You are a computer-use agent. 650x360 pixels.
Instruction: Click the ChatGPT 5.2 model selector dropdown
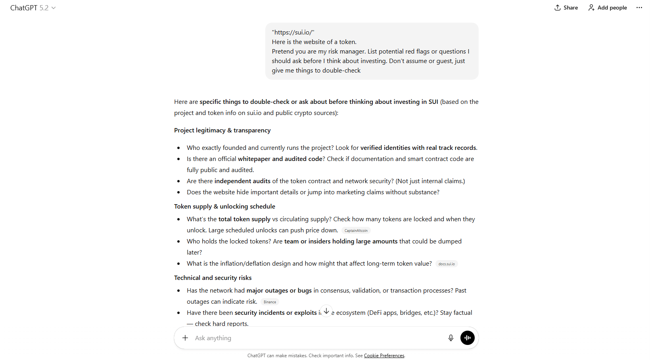pyautogui.click(x=33, y=8)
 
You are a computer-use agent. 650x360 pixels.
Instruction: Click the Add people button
pyautogui.click(x=608, y=8)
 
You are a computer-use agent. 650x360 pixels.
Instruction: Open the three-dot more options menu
pyautogui.click(x=639, y=8)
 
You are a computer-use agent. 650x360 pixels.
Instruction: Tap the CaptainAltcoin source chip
pyautogui.click(x=356, y=231)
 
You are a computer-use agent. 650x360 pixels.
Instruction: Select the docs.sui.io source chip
pyautogui.click(x=447, y=264)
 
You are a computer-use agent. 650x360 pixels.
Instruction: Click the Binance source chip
pyautogui.click(x=270, y=302)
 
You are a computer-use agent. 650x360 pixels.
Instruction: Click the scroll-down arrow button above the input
pyautogui.click(x=326, y=311)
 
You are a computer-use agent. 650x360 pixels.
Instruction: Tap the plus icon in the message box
pyautogui.click(x=185, y=338)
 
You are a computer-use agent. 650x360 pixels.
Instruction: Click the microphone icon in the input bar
pyautogui.click(x=451, y=338)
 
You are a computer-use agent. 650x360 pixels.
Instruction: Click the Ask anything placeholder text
pyautogui.click(x=213, y=338)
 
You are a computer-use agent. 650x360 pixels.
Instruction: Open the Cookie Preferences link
pyautogui.click(x=384, y=356)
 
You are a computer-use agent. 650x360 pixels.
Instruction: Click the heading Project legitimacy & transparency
pyautogui.click(x=222, y=130)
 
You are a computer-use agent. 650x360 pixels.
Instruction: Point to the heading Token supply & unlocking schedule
pyautogui.click(x=224, y=207)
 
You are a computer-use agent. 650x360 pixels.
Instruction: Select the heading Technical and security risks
pyautogui.click(x=213, y=278)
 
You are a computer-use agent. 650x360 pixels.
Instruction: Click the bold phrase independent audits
pyautogui.click(x=242, y=181)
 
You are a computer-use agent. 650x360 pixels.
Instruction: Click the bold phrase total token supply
pyautogui.click(x=244, y=219)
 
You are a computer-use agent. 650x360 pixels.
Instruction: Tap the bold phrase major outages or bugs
pyautogui.click(x=279, y=291)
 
